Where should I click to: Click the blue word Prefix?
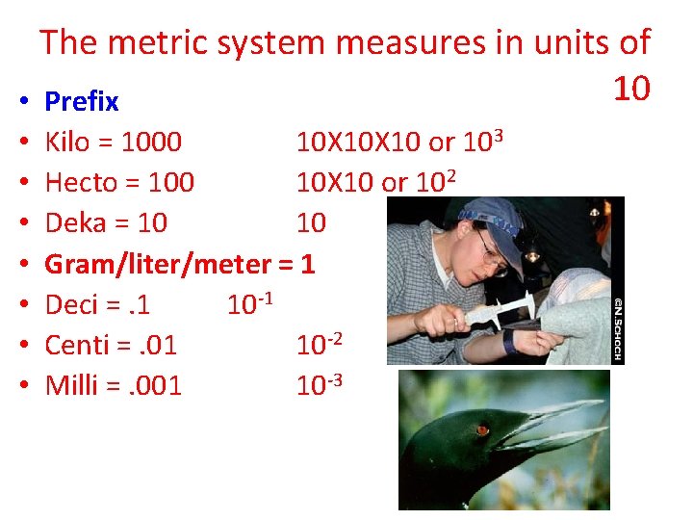[x=82, y=101]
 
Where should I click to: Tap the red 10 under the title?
[x=632, y=89]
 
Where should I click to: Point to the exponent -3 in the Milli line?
[x=333, y=378]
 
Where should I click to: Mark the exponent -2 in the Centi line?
[x=333, y=338]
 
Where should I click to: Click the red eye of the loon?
[x=482, y=429]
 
